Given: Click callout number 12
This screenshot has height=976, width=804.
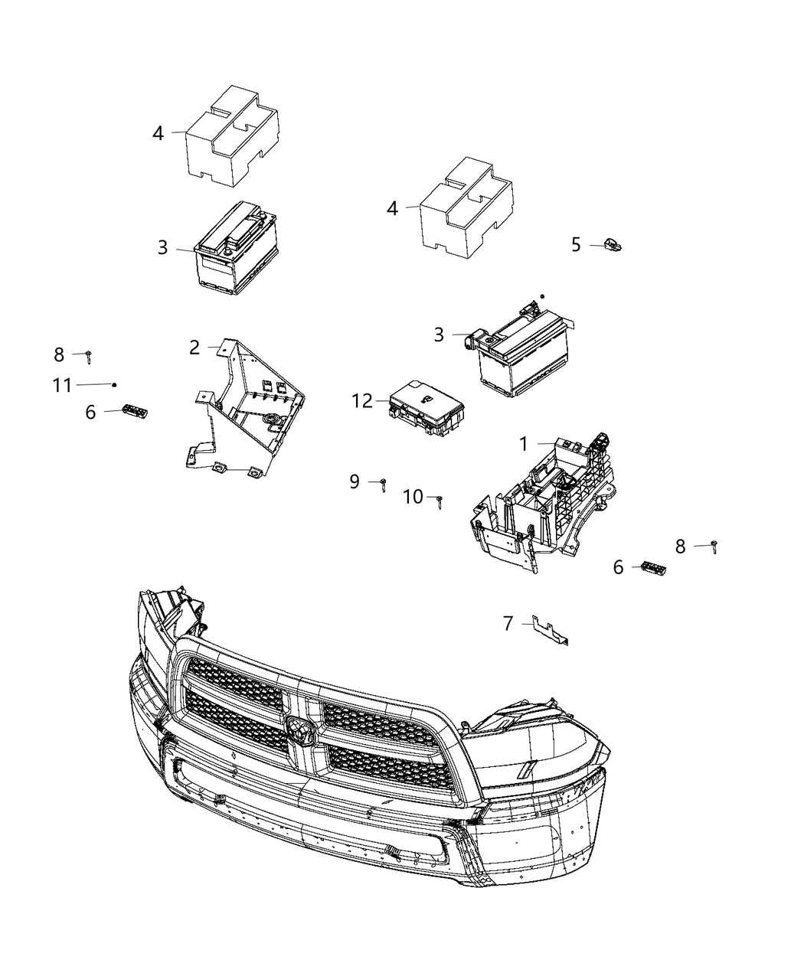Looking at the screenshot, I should [x=361, y=400].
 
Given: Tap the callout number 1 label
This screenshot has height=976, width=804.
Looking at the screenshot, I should [x=524, y=444].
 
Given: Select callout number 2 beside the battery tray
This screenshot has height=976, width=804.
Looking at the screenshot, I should [x=195, y=348].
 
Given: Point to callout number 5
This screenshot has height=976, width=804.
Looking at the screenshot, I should [x=576, y=245].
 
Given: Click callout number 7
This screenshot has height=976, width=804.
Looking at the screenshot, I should [x=508, y=624].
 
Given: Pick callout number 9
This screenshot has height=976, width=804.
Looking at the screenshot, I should [x=355, y=482].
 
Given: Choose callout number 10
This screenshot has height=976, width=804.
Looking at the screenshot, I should [x=413, y=498].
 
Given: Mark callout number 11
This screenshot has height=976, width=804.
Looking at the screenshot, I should [x=62, y=385].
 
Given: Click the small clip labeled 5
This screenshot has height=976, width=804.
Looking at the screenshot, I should [x=613, y=245].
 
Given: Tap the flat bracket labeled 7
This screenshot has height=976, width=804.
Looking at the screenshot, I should [x=551, y=631].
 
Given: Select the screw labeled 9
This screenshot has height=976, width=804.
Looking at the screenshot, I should [x=382, y=483].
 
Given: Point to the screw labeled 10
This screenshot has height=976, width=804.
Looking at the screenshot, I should [x=440, y=501].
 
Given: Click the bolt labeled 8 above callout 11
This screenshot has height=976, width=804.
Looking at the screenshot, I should [x=89, y=355].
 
